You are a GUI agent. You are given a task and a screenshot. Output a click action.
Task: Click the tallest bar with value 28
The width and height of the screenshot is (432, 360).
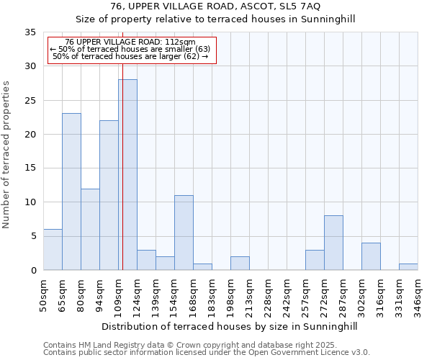pos(127,174)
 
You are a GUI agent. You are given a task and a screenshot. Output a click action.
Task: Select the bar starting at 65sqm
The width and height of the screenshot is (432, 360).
pos(71,192)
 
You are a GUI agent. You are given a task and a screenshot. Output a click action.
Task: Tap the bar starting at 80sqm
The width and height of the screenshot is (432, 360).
pos(90,229)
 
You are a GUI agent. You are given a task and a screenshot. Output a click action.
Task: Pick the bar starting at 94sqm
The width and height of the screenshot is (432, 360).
pos(109,195)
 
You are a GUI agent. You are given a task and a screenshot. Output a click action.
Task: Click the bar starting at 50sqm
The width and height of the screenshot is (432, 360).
pos(53,249)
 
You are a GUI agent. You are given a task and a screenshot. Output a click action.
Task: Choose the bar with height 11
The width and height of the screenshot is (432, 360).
pos(184,233)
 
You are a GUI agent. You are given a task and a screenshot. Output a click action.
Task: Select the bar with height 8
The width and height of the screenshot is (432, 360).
pos(333,243)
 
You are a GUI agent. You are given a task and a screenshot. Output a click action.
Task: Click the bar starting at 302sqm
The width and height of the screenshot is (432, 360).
pos(371,256)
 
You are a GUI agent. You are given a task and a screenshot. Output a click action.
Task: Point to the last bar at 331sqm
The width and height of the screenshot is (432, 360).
pos(408,266)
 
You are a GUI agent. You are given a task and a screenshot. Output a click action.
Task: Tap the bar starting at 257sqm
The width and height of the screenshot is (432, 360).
pos(315,260)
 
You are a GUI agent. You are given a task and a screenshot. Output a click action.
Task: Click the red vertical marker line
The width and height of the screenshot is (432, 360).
pos(123,144)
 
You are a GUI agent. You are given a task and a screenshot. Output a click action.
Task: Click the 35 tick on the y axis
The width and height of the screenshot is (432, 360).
pos(30,32)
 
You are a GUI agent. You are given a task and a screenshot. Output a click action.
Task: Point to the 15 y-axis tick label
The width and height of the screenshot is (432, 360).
pos(30,168)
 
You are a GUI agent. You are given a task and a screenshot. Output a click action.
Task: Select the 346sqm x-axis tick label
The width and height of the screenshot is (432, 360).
pos(418,297)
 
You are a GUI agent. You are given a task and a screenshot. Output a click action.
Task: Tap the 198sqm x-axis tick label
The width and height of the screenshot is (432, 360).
pos(230,297)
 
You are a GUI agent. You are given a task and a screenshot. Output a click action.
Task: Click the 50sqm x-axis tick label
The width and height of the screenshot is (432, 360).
pos(43,297)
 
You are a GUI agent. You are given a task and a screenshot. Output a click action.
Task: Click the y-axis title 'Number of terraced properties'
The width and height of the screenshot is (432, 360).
pos(7,155)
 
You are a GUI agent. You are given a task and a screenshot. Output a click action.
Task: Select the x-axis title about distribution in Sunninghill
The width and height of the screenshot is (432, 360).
pos(229,326)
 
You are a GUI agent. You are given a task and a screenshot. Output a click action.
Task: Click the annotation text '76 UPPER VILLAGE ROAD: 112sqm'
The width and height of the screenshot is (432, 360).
pos(130,42)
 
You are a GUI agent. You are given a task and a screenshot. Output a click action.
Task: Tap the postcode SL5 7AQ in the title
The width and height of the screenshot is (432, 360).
pos(302,6)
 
